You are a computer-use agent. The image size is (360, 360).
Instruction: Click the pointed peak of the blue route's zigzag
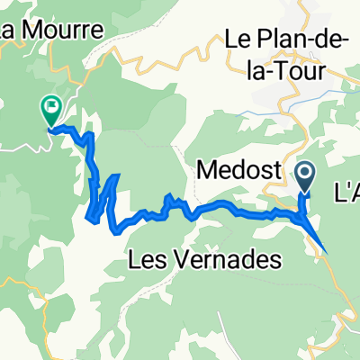point(116,175)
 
